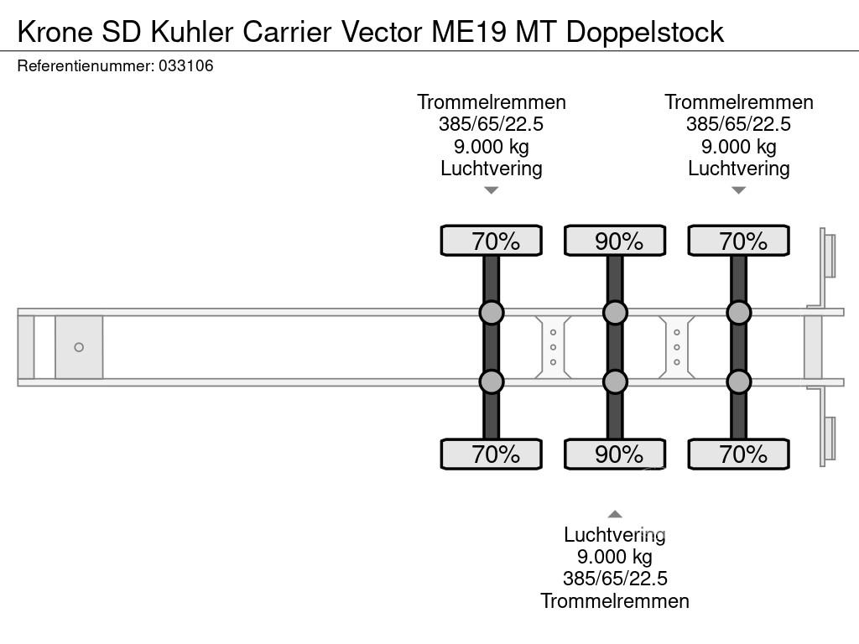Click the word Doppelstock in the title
(x=645, y=32)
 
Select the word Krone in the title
(x=55, y=32)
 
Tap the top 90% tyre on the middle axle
(x=615, y=241)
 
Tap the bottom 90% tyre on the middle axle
(x=615, y=454)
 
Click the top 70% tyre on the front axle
(x=492, y=241)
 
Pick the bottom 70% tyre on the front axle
(x=492, y=454)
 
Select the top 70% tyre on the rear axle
(x=738, y=241)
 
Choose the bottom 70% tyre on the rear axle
(x=738, y=454)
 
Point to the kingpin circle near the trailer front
(x=79, y=347)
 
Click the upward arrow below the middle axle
(x=615, y=514)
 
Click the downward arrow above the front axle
(x=492, y=190)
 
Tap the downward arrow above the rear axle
(x=738, y=190)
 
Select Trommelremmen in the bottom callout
(x=615, y=600)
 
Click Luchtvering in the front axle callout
(x=492, y=168)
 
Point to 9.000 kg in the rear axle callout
(x=738, y=147)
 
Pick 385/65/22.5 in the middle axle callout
(x=615, y=579)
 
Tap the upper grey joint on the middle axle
(x=615, y=313)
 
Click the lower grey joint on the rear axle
(x=738, y=382)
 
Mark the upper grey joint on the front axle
(x=492, y=313)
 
